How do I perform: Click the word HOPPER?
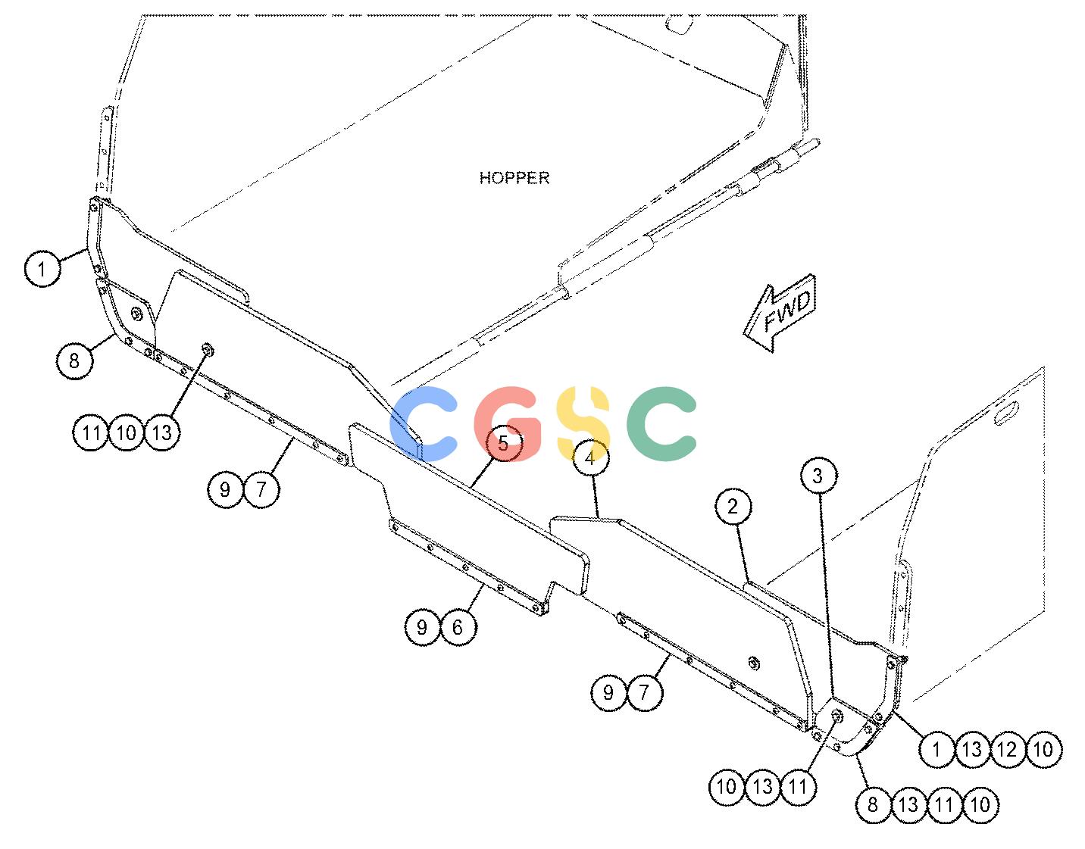514,178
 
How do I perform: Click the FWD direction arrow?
780,313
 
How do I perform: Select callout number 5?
503,443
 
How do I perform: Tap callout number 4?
590,457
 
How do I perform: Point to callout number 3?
819,476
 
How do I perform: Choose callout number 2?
733,507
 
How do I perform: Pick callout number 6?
458,627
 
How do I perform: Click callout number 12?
1007,749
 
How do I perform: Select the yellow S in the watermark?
583,423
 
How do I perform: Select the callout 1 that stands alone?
42,269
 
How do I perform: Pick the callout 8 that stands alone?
74,361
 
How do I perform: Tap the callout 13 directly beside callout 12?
971,749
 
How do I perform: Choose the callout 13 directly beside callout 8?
908,804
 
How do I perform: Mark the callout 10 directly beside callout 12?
1043,749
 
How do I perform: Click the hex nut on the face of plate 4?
753,663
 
